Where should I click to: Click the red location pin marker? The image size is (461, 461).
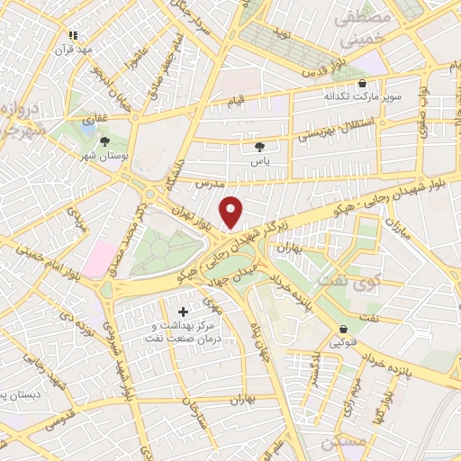pyautogui.click(x=232, y=212)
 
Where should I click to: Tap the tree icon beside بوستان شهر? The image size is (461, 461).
pyautogui.click(x=105, y=141)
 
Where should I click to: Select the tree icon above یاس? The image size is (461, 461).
pyautogui.click(x=261, y=146)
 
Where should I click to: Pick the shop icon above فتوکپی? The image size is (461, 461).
pyautogui.click(x=344, y=329)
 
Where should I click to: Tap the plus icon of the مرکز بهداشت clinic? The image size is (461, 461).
pyautogui.click(x=185, y=312)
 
